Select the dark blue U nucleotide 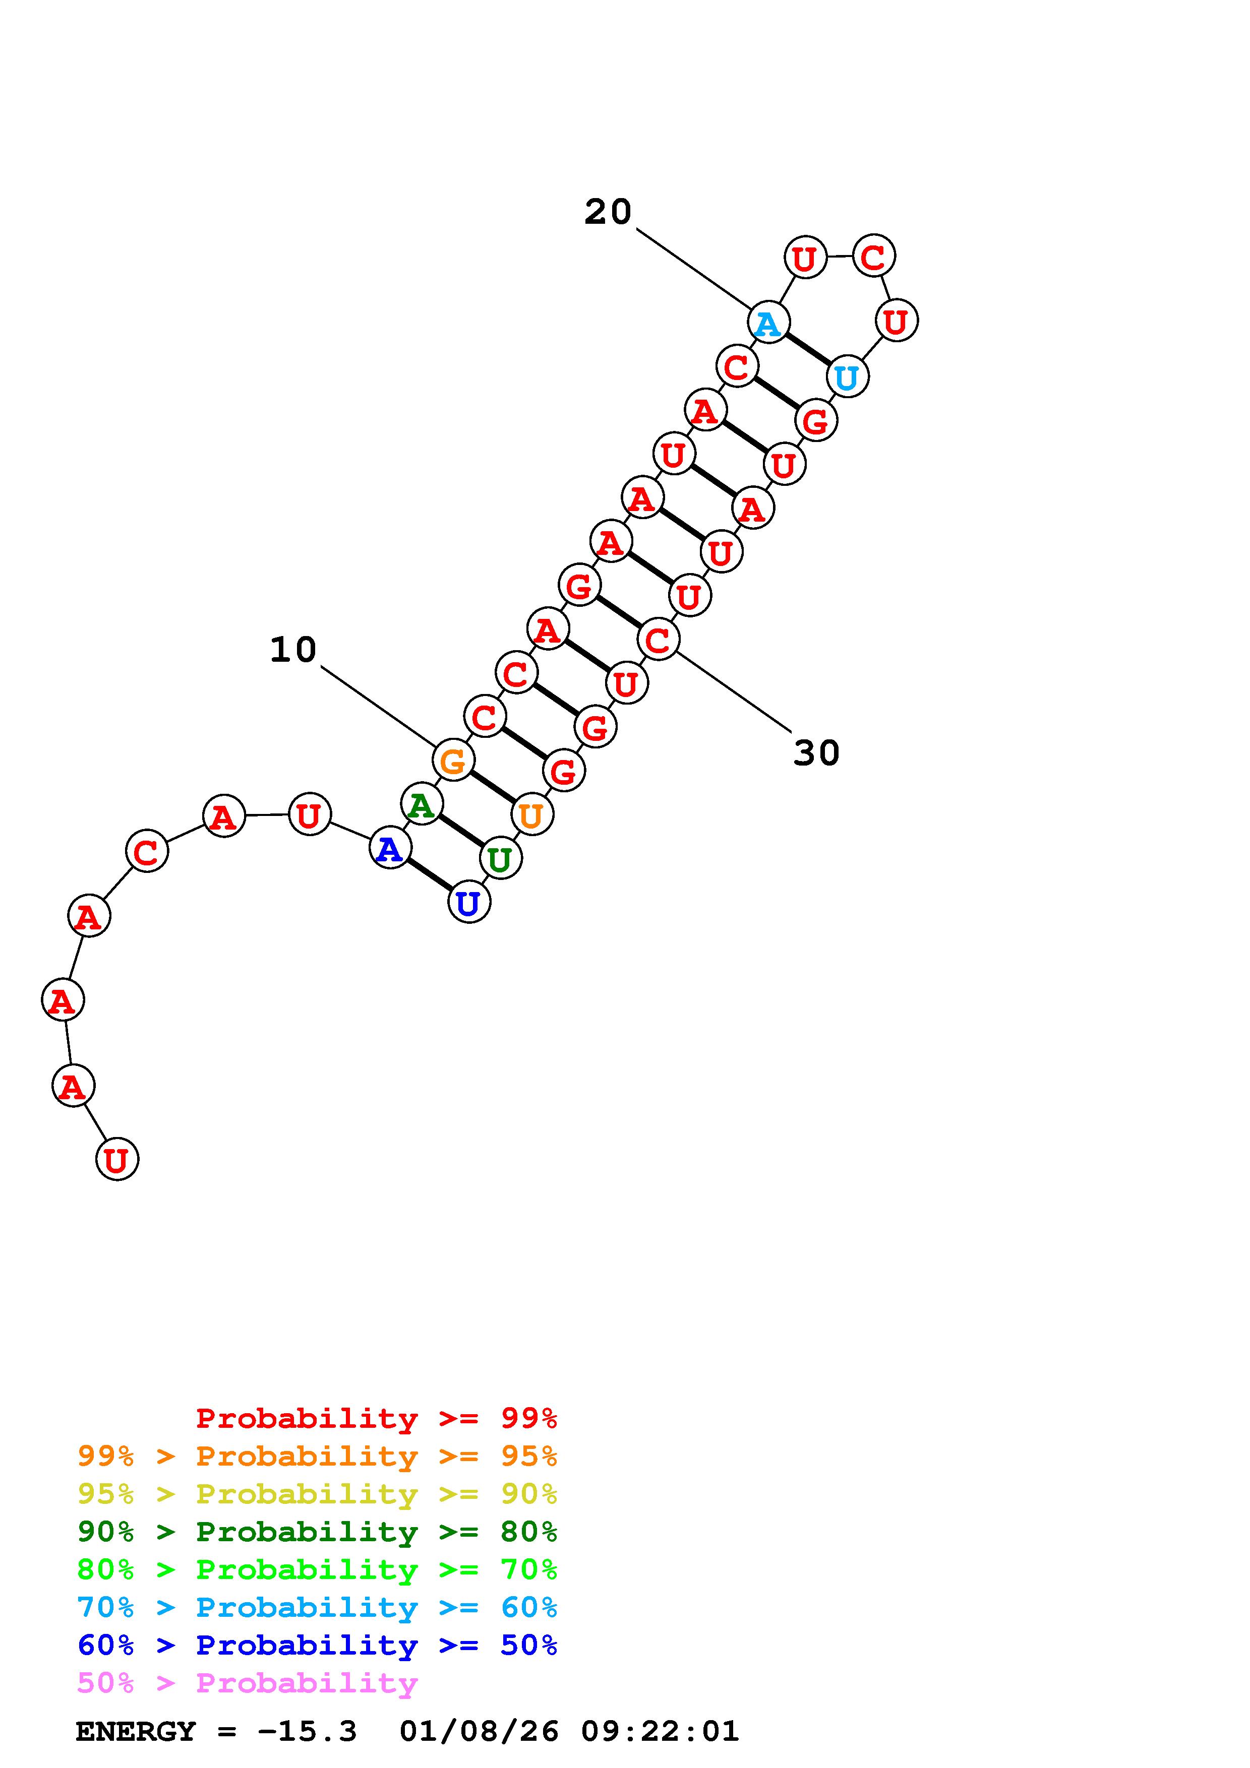coord(468,903)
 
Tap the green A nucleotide coord(421,805)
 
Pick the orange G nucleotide coord(453,761)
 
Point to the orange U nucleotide coord(531,814)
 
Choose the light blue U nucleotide coord(847,377)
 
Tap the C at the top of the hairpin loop coord(873,257)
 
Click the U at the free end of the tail coord(116,1159)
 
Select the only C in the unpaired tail coord(146,851)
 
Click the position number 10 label coord(292,650)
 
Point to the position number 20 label coord(608,212)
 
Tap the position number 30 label coord(816,753)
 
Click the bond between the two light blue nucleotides coord(807,350)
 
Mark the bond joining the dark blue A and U coord(429,875)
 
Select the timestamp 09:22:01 coord(660,1731)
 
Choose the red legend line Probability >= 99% coord(377,1418)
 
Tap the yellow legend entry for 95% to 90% coord(317,1494)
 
